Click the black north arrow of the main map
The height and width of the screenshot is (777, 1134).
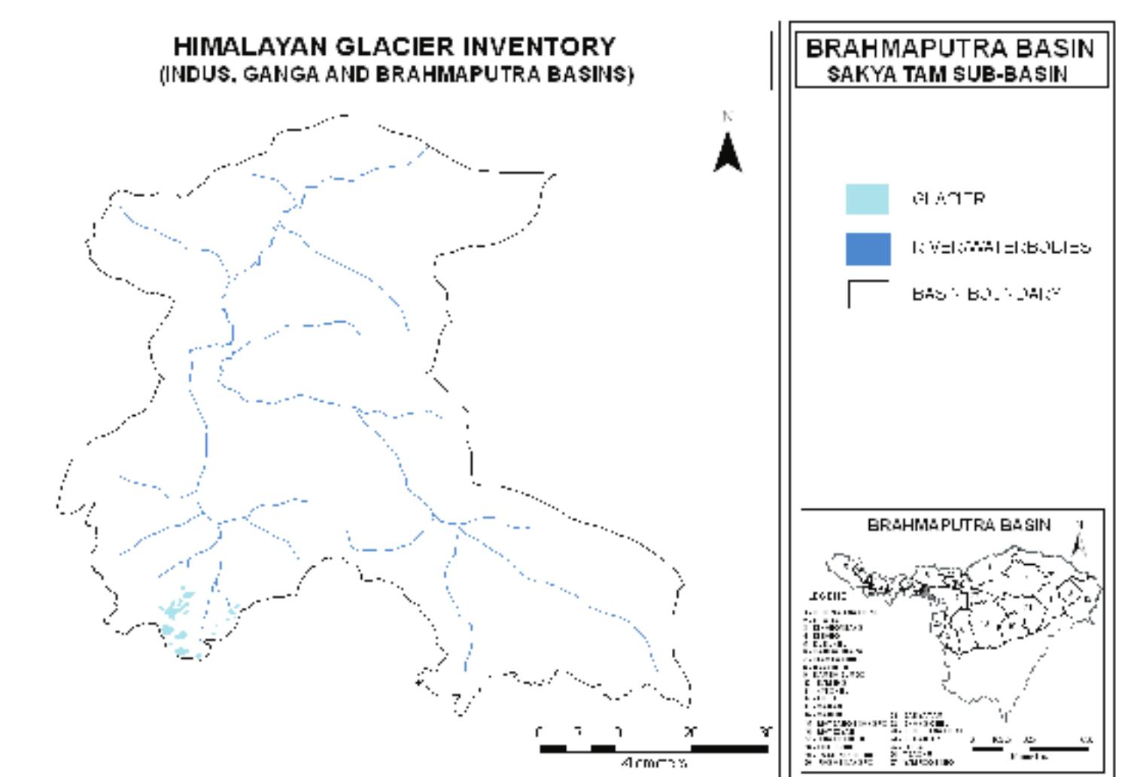click(728, 152)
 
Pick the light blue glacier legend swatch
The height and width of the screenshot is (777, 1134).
click(867, 199)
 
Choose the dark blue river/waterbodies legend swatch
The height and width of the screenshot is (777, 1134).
click(868, 249)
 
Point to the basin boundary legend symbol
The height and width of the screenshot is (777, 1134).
click(867, 294)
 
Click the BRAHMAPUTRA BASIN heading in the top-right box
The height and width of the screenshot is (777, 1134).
click(950, 49)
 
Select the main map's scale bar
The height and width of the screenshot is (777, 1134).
click(653, 748)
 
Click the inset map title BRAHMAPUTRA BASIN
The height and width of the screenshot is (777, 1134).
click(959, 525)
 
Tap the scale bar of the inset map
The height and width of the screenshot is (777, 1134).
click(1031, 748)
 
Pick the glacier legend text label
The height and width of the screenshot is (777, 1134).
click(948, 199)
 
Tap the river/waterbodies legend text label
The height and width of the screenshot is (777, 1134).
click(1001, 247)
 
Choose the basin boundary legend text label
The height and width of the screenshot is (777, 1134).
click(986, 293)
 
